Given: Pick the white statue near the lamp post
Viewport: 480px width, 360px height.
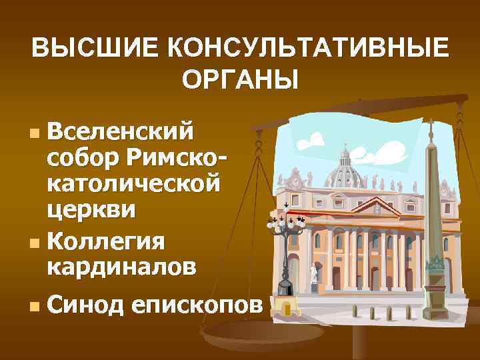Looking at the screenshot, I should click(314, 275).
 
